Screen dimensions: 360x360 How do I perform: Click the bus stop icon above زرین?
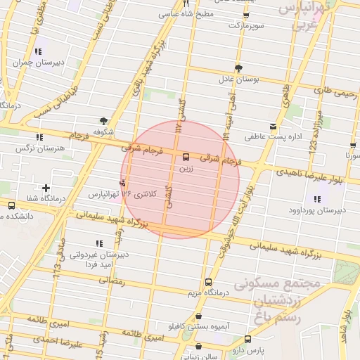coord(186,157)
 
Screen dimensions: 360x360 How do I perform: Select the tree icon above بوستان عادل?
coord(239,68)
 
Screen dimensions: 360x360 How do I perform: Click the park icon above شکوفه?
coord(104,121)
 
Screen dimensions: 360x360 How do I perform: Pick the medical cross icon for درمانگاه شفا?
coord(46,188)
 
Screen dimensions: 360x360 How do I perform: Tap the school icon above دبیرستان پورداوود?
coord(317,199)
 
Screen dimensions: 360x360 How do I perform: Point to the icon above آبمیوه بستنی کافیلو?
coord(200,316)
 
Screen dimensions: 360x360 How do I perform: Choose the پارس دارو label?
coord(266,349)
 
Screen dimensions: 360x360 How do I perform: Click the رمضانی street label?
coord(112,280)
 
